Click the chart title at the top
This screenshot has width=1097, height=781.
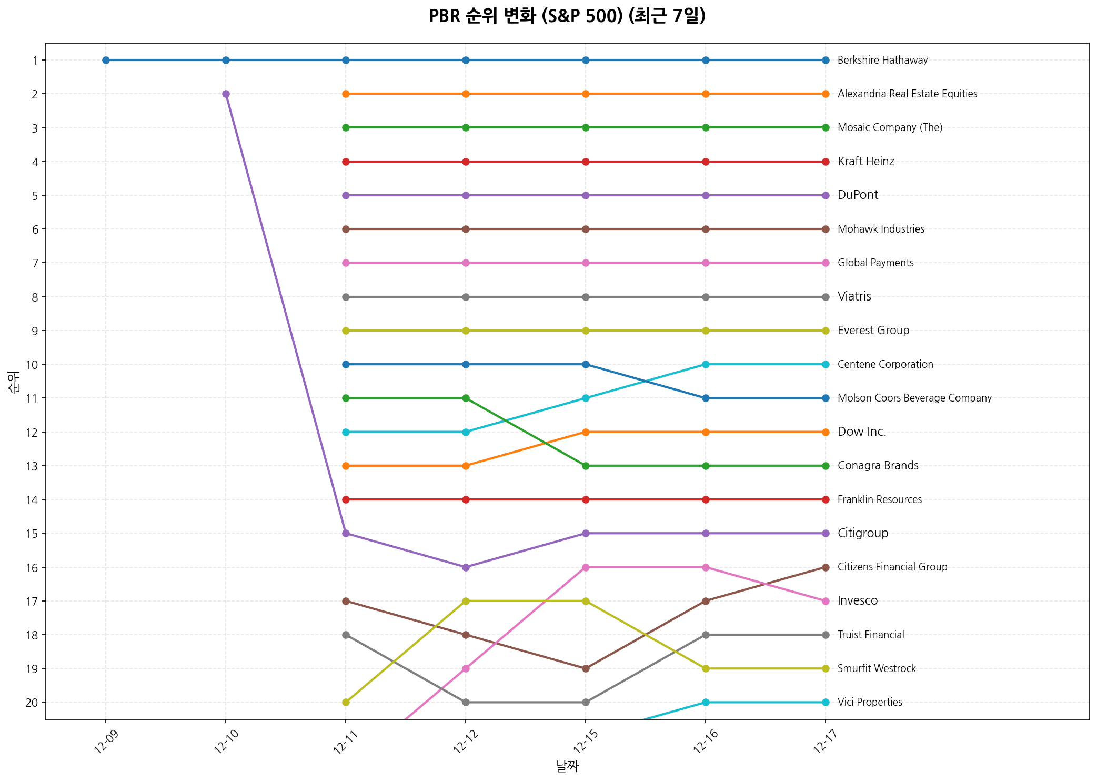click(x=567, y=16)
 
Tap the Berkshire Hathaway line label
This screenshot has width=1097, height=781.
click(x=882, y=60)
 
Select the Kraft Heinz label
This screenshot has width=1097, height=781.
click(x=865, y=162)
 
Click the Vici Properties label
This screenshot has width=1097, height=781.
click(x=870, y=702)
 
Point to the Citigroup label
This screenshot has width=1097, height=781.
click(x=863, y=533)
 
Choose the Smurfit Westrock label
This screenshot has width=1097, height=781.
click(x=877, y=668)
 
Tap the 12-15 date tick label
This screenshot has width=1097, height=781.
click(x=582, y=743)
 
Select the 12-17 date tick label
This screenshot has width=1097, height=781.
click(x=822, y=743)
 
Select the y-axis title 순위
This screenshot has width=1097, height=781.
click(x=14, y=382)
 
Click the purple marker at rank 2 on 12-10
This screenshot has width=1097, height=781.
click(x=226, y=94)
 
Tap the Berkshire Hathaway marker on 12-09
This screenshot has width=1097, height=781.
click(x=106, y=60)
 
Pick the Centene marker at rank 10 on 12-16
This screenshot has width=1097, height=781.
click(x=706, y=364)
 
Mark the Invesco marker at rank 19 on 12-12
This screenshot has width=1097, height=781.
click(x=466, y=668)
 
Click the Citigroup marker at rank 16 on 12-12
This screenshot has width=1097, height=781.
click(x=466, y=567)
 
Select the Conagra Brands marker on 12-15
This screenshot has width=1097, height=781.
click(x=586, y=466)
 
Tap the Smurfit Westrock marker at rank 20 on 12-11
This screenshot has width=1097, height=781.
click(x=346, y=702)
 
